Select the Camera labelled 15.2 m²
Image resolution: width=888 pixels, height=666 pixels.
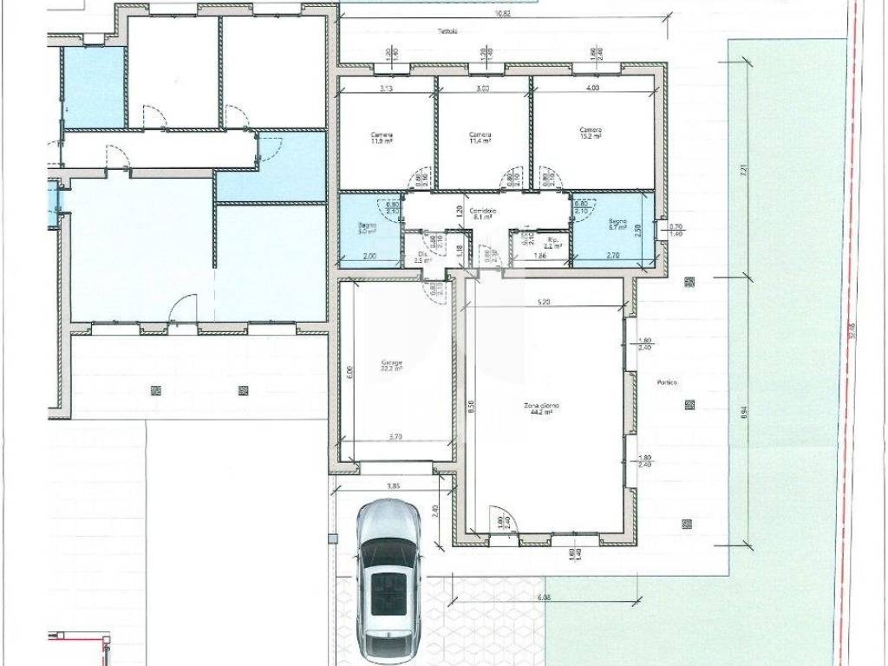(x=591, y=133)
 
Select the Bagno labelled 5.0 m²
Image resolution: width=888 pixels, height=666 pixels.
(x=366, y=229)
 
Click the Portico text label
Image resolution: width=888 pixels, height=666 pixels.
(x=667, y=382)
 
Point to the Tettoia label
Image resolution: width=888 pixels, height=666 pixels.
(x=447, y=32)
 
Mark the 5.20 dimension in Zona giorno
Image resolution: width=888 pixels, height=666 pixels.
(x=544, y=301)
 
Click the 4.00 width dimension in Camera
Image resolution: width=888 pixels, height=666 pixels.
(x=592, y=88)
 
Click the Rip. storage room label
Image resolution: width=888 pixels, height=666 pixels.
(x=552, y=243)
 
